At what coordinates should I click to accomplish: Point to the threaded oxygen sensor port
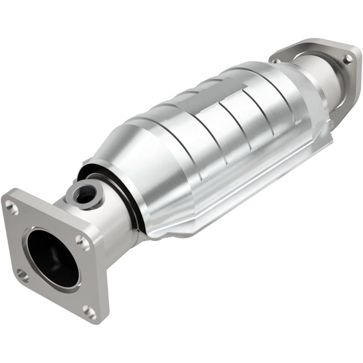(85, 194)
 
